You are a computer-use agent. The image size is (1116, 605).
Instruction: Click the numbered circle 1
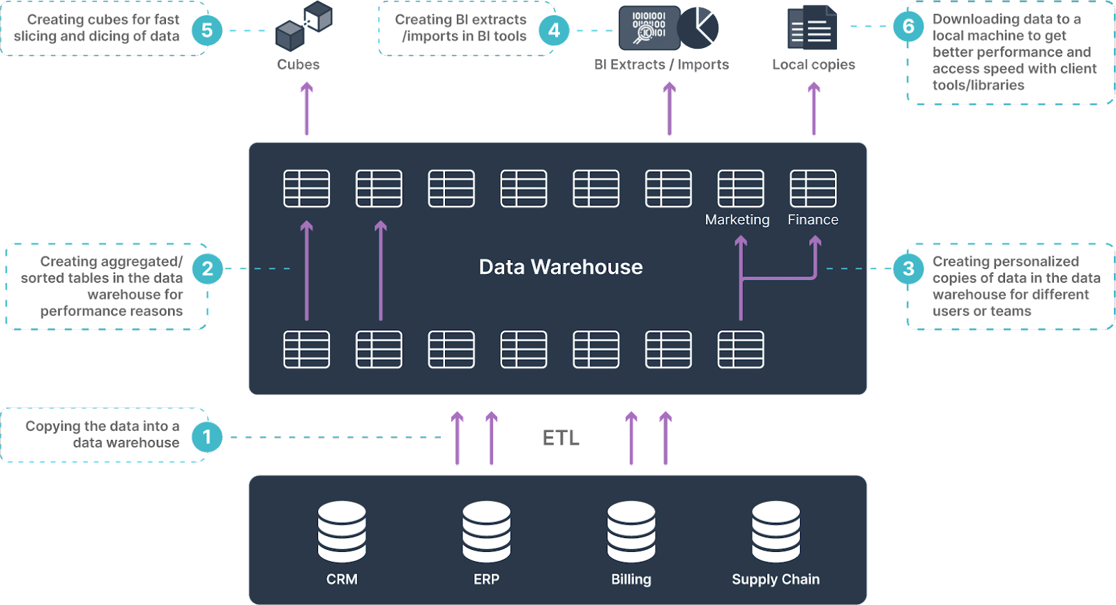(206, 437)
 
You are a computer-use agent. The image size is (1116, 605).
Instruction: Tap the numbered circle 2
(207, 269)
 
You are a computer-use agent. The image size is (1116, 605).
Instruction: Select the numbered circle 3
(908, 269)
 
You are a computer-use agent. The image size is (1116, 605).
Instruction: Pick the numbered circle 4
(554, 31)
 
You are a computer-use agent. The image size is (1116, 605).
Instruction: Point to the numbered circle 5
(206, 31)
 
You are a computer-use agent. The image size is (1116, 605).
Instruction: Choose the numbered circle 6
(908, 26)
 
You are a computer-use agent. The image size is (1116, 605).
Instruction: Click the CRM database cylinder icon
(342, 531)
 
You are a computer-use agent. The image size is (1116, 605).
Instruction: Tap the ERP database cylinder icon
(486, 531)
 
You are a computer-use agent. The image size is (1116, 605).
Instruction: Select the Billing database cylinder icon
(631, 531)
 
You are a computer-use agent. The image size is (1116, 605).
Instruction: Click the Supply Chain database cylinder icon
(776, 531)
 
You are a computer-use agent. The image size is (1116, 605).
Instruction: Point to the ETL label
(561, 438)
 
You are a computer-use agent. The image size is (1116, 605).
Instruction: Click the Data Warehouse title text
(561, 267)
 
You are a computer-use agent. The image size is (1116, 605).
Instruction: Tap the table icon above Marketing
(741, 188)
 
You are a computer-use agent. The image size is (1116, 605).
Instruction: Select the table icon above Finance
(813, 188)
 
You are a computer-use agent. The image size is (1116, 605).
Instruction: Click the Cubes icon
(304, 26)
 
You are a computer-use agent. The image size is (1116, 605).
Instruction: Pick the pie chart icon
(698, 28)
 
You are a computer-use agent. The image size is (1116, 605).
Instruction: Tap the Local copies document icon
(812, 27)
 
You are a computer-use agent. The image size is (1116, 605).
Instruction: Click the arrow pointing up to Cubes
(307, 109)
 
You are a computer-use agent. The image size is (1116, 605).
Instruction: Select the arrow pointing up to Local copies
(814, 109)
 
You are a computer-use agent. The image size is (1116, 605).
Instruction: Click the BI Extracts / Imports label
(662, 64)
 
